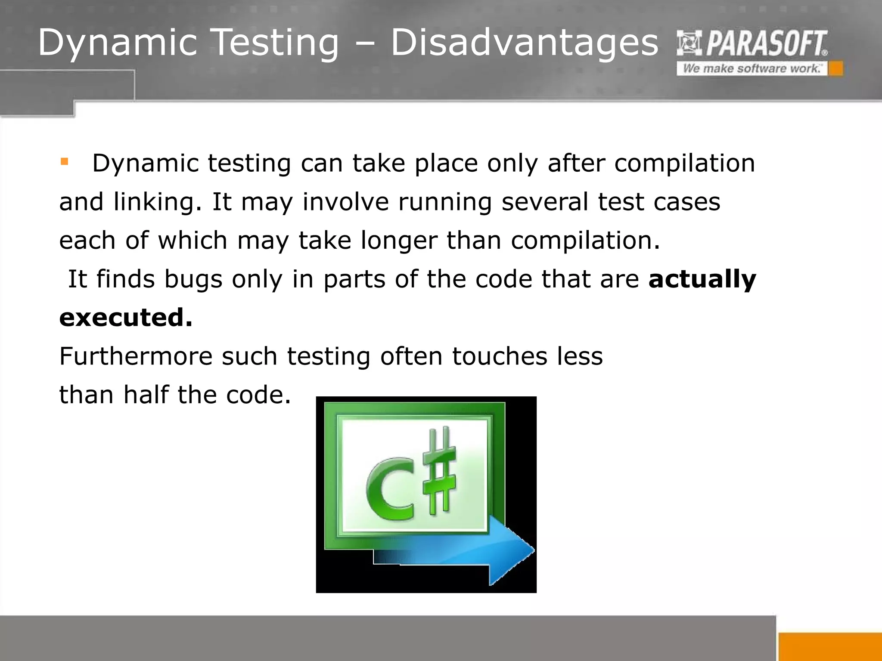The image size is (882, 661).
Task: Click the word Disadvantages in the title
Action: tap(524, 43)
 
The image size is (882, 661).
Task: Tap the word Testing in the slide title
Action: tap(276, 43)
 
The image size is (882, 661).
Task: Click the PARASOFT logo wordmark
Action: tap(766, 44)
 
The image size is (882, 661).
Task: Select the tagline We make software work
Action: tap(752, 69)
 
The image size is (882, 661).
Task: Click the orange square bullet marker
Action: tap(65, 162)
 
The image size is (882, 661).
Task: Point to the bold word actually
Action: tap(702, 279)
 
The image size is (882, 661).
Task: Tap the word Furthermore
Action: tap(136, 356)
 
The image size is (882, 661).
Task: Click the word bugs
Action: tap(193, 280)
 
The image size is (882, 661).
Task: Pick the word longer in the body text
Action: tap(399, 241)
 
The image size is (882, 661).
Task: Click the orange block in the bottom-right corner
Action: tap(830, 646)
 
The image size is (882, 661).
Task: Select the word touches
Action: tap(500, 356)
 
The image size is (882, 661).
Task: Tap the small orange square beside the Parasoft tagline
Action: tap(836, 69)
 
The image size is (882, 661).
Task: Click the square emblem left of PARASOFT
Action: tap(689, 43)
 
